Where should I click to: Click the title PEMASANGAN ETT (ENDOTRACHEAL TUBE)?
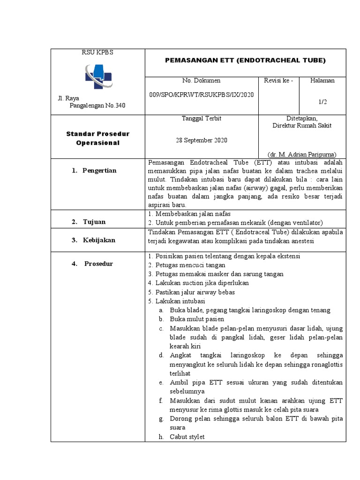tap(246, 60)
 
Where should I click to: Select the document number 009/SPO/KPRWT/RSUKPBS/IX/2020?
tap(201, 94)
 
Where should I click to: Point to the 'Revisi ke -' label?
tap(278, 81)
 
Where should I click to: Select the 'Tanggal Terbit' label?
tap(201, 119)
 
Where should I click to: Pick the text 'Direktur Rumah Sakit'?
tap(302, 126)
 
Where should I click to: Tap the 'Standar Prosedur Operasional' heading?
tap(97, 138)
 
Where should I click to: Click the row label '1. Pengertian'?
tap(94, 171)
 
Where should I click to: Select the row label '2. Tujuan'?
tap(89, 222)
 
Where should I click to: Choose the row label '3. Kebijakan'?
tap(93, 240)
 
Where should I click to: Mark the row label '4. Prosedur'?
tap(92, 263)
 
